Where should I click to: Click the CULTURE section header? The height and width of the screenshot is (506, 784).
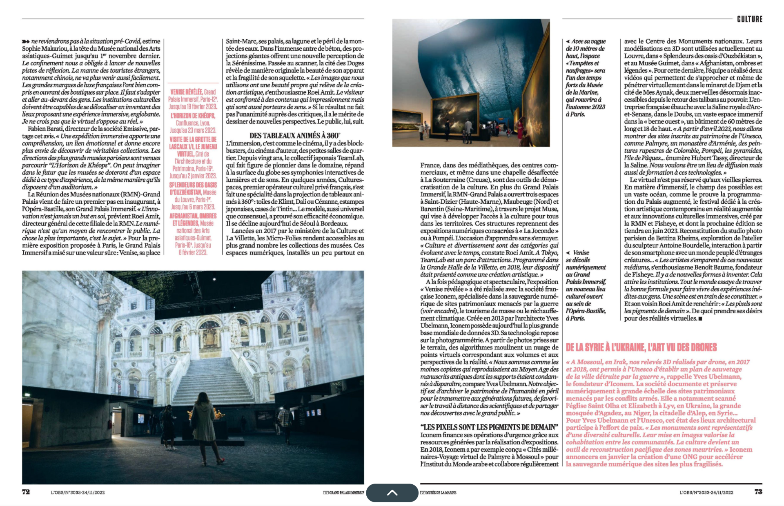tap(749, 19)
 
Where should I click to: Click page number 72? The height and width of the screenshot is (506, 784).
tap(26, 492)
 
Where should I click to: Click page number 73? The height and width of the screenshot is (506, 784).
tap(758, 492)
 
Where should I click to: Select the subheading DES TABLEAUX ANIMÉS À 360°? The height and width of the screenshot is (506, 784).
tap(294, 136)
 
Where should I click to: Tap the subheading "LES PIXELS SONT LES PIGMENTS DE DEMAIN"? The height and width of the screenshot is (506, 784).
tap(489, 427)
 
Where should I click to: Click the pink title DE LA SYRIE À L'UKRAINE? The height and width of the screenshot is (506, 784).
tap(641, 348)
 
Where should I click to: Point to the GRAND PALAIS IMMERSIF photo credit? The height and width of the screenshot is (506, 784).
tap(343, 493)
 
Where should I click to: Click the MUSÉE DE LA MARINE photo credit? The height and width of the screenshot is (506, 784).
tap(439, 493)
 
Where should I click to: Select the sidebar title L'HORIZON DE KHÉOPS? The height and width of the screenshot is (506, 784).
tap(193, 116)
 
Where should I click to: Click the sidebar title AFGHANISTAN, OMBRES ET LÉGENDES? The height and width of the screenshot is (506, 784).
tap(193, 219)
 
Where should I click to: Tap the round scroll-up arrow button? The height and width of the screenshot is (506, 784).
tap(392, 493)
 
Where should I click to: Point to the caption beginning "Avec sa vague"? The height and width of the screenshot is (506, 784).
tap(586, 78)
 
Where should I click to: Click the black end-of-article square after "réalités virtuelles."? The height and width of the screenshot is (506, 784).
tap(700, 319)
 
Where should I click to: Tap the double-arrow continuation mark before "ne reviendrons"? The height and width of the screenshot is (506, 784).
tap(26, 42)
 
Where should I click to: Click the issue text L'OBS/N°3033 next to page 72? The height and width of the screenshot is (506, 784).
tap(78, 493)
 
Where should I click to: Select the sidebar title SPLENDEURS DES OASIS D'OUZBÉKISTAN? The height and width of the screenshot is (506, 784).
tap(193, 188)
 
